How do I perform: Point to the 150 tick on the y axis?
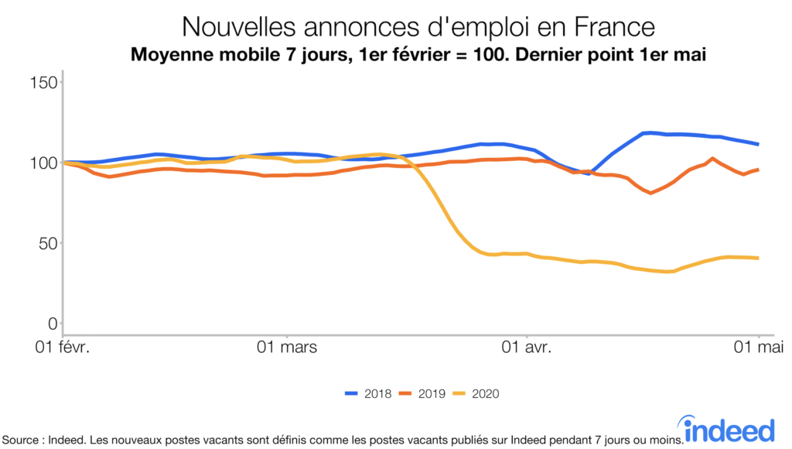click(x=44, y=82)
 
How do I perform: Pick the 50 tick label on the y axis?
click(x=48, y=243)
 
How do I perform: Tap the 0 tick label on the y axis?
click(x=53, y=324)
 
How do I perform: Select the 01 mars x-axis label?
click(x=286, y=347)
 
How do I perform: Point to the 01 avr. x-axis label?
click(x=526, y=347)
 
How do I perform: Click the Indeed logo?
click(x=729, y=428)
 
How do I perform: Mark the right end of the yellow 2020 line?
click(x=758, y=258)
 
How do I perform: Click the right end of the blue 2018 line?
click(x=758, y=144)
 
